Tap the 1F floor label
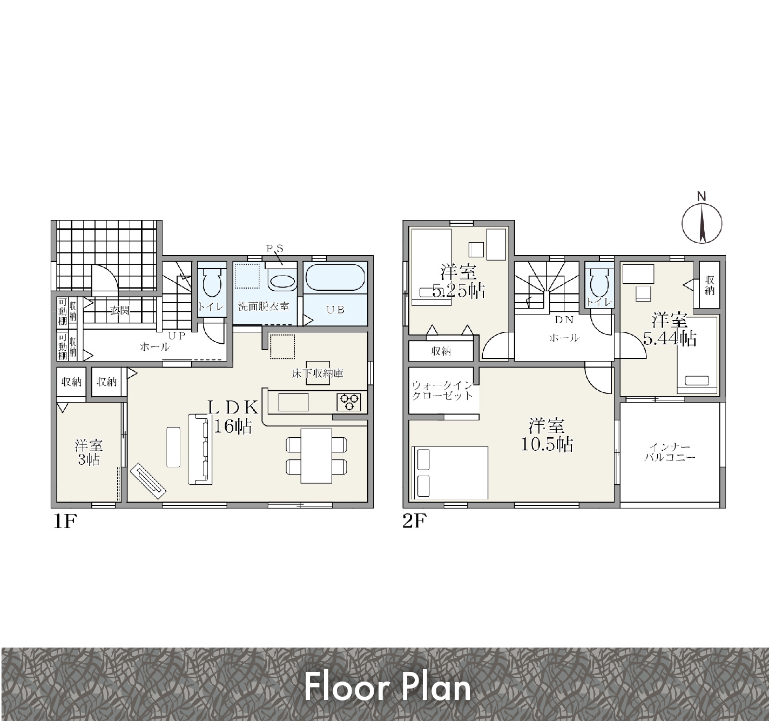[x=64, y=522]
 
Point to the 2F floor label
[x=414, y=522]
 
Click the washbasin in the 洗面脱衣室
[x=282, y=282]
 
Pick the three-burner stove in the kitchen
[x=349, y=402]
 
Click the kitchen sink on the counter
[x=293, y=402]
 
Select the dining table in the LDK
[x=316, y=456]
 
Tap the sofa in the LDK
[x=200, y=449]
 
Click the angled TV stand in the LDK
[x=148, y=481]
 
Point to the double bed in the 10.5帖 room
[x=450, y=472]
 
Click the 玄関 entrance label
[x=120, y=310]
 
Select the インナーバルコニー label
[x=670, y=452]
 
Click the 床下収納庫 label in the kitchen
[x=318, y=373]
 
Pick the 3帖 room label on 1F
[x=89, y=452]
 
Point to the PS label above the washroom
[x=275, y=249]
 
